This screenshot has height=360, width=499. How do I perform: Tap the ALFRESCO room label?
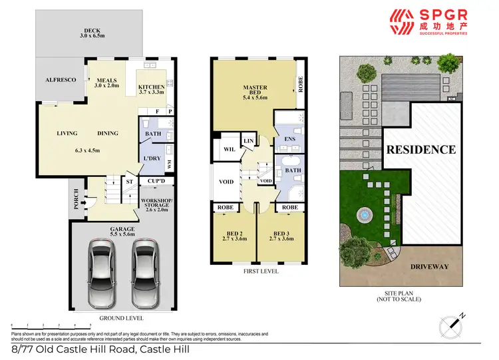[61, 80]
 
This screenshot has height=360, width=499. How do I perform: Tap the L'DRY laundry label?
[152, 158]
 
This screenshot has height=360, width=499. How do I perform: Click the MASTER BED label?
[255, 91]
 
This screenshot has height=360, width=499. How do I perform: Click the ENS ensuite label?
[290, 139]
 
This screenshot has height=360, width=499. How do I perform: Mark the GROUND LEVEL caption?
[124, 319]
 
